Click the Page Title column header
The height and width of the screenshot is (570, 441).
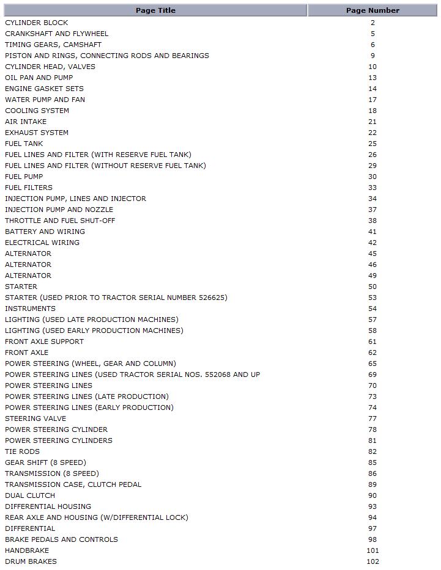click(x=155, y=10)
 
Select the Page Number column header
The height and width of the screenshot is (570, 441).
click(x=372, y=10)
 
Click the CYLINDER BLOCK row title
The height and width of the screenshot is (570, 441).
click(x=37, y=23)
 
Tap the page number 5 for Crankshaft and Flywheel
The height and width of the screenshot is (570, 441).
click(x=372, y=34)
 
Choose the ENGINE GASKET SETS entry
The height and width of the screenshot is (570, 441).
click(x=44, y=89)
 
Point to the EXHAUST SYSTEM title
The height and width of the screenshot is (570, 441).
click(x=37, y=133)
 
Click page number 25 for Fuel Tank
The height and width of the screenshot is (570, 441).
click(x=372, y=144)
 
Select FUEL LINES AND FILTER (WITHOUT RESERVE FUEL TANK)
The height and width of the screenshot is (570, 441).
click(x=105, y=166)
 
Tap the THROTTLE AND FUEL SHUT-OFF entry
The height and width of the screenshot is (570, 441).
click(x=60, y=221)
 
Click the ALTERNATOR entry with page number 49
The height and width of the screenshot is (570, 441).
click(x=28, y=276)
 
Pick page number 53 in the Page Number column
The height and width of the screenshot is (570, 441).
click(x=372, y=298)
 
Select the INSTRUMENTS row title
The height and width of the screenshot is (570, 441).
click(x=30, y=309)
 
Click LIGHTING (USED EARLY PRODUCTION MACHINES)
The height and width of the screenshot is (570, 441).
click(x=94, y=331)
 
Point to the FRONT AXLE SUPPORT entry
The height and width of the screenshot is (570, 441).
click(x=44, y=342)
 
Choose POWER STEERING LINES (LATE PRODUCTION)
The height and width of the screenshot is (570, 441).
click(x=87, y=396)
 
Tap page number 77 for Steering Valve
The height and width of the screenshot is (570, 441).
click(x=372, y=418)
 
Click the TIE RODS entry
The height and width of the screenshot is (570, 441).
click(x=22, y=451)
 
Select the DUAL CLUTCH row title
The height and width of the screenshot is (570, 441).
click(x=30, y=495)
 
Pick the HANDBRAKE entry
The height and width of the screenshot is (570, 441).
click(x=27, y=550)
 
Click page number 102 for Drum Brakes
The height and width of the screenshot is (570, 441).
click(x=372, y=561)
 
